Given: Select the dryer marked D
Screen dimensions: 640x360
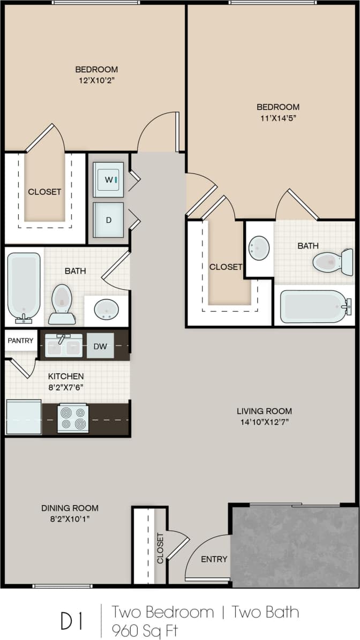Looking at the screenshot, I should point(108,220).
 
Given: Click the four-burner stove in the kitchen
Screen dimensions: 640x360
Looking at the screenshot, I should point(73,418).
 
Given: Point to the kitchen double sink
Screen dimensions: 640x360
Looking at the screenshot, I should point(64,346).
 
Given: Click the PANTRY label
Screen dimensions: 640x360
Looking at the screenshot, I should point(20,341).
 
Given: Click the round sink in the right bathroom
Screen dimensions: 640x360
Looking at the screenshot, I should point(259,248).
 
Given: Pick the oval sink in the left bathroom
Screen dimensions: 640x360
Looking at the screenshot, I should point(106,309).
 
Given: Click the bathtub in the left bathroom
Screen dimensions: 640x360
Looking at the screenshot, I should point(24,287).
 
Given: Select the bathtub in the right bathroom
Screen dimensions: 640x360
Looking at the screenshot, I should point(314,306).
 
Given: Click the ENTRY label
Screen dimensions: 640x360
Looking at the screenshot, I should point(214,559).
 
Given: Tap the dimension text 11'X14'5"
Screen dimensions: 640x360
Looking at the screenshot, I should point(277,118).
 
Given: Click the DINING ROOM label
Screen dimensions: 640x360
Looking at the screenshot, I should point(70,508).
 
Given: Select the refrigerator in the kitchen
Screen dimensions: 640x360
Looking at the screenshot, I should point(24,417).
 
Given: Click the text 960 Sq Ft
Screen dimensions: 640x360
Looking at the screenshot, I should point(144,630).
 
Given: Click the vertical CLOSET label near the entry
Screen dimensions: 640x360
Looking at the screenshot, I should point(160,548).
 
